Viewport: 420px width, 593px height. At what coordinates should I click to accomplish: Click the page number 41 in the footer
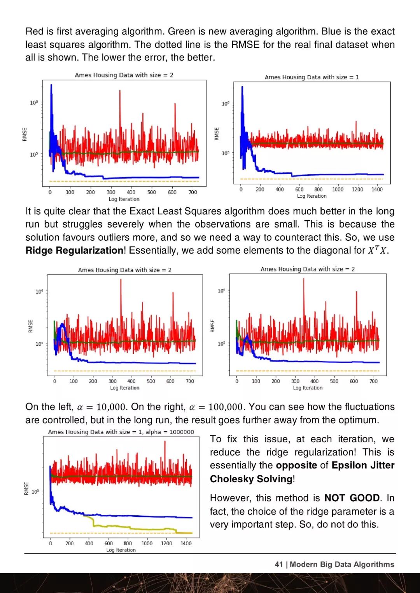(x=279, y=564)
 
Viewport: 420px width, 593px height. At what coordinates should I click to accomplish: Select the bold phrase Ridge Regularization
(x=74, y=250)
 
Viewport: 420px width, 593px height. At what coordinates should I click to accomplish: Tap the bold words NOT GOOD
(x=352, y=498)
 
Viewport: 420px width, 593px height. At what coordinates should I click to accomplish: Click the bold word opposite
(x=296, y=465)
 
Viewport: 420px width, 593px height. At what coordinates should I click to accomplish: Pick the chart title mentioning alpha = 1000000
(x=121, y=432)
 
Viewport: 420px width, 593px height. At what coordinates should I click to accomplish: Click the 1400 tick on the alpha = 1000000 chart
(x=186, y=543)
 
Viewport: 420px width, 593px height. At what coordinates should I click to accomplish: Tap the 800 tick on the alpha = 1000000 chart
(x=128, y=543)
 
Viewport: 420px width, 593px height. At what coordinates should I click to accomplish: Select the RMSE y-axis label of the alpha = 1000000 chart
(x=26, y=488)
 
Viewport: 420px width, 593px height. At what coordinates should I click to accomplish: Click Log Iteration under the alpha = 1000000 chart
(x=121, y=550)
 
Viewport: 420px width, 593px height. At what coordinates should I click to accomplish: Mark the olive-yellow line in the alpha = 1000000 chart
(x=132, y=528)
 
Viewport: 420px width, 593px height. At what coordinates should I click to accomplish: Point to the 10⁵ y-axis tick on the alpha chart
(x=35, y=492)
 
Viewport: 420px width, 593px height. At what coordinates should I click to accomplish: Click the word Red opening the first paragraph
(x=34, y=31)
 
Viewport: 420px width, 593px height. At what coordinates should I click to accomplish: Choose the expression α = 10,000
(x=101, y=407)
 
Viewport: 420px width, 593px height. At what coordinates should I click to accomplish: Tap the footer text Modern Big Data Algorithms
(x=342, y=564)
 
